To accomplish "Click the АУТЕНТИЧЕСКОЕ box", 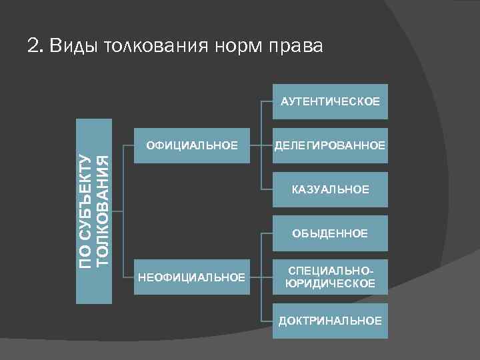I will click(x=330, y=101).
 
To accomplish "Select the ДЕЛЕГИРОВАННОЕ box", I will click(x=330, y=145).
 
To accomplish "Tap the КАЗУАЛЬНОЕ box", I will click(x=330, y=190).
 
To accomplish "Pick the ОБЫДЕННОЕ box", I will click(x=330, y=233).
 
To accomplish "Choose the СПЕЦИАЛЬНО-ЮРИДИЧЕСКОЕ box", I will click(x=330, y=277).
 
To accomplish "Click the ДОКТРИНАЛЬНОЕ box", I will click(x=330, y=321).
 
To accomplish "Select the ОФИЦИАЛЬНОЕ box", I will click(x=192, y=145).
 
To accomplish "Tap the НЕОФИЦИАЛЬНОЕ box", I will click(x=192, y=277).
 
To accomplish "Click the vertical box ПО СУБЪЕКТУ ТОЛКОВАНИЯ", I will click(x=93, y=211).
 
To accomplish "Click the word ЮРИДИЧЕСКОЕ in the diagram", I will click(x=330, y=284).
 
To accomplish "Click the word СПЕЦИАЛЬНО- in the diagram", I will click(x=330, y=271).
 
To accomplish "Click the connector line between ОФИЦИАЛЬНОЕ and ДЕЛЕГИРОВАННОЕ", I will click(x=261, y=145).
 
